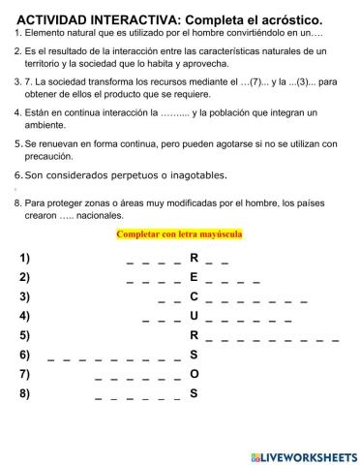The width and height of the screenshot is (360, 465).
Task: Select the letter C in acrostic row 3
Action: (x=194, y=296)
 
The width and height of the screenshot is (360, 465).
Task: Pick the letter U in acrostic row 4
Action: (x=194, y=316)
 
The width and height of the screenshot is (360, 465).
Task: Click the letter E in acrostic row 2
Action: (x=194, y=277)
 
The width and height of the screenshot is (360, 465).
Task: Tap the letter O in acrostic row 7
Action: (x=194, y=374)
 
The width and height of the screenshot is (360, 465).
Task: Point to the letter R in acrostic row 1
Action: (x=194, y=258)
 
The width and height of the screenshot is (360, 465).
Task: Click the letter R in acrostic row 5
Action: (x=194, y=335)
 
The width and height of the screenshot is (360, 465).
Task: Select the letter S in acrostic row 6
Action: (x=194, y=355)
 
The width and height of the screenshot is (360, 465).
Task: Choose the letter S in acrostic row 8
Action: (x=194, y=393)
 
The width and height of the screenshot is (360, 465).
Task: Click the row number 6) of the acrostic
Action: (x=24, y=355)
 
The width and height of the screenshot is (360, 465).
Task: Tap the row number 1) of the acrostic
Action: (x=24, y=258)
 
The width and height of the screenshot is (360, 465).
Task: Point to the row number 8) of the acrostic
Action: (x=24, y=393)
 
